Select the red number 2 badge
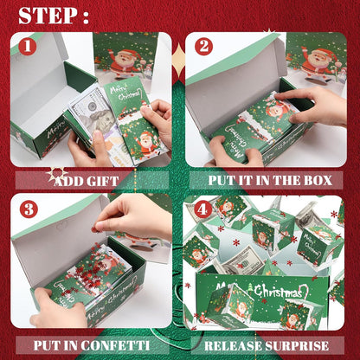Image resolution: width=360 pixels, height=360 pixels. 204,47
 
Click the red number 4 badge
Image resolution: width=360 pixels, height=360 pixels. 202,209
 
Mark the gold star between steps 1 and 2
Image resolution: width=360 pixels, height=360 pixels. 179,61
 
